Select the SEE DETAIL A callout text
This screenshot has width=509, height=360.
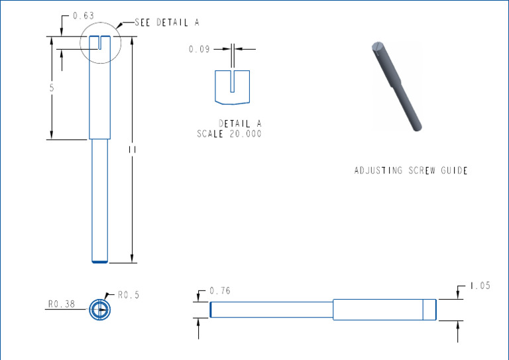(166, 23)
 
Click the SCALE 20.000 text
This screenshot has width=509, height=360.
(229, 134)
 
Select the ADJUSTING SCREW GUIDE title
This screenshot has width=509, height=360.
(410, 170)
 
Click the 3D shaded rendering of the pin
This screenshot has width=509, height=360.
(397, 84)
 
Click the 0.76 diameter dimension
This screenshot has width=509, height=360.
(219, 291)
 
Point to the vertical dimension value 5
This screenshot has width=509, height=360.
(51, 88)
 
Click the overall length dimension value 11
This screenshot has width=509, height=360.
(133, 150)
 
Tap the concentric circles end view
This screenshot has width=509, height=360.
(99, 310)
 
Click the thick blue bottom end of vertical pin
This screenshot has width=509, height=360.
(99, 262)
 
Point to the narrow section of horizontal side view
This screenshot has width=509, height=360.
(272, 310)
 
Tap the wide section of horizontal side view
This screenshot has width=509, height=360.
(378, 310)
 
